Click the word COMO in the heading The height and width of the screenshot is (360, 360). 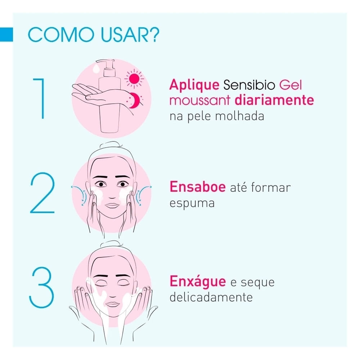[x=61, y=35]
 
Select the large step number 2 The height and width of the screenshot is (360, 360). [x=42, y=193]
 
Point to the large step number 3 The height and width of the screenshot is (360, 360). [x=41, y=287]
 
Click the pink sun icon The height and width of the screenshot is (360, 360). [x=134, y=79]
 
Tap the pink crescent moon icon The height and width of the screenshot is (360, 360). [x=135, y=100]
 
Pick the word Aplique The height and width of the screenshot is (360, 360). [x=194, y=85]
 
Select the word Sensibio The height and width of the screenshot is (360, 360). [x=249, y=85]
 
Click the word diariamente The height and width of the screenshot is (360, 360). [x=274, y=100]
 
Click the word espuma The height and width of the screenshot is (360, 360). [x=192, y=203]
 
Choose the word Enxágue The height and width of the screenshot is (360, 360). [x=198, y=282]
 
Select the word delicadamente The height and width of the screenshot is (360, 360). [x=211, y=297]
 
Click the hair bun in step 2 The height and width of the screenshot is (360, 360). [x=111, y=145]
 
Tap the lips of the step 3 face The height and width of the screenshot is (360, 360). [x=112, y=304]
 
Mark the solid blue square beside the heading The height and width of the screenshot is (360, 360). [x=6, y=35]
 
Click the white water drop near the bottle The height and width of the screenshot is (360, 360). [x=96, y=68]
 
